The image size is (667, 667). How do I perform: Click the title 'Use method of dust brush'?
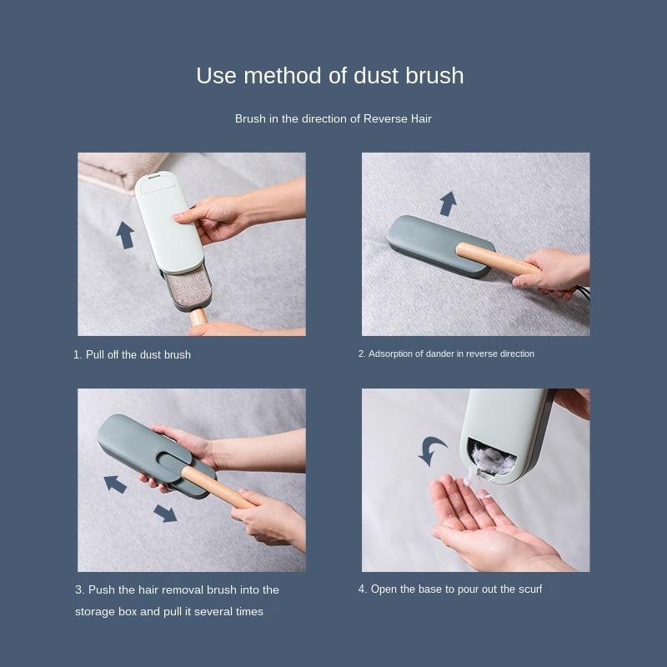coord(329,76)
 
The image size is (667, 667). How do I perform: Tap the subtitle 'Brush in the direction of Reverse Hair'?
coord(333,119)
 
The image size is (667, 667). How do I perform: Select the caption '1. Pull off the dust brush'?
coord(132,354)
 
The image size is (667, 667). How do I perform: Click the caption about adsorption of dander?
coord(446,354)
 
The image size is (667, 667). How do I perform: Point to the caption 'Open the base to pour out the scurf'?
coord(450,589)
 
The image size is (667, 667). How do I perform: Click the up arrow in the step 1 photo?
coord(125,234)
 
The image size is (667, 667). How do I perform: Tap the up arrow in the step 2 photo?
coord(448,203)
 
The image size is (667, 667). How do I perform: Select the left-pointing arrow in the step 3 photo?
coord(115,484)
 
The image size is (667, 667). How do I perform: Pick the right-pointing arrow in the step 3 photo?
coord(166,513)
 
